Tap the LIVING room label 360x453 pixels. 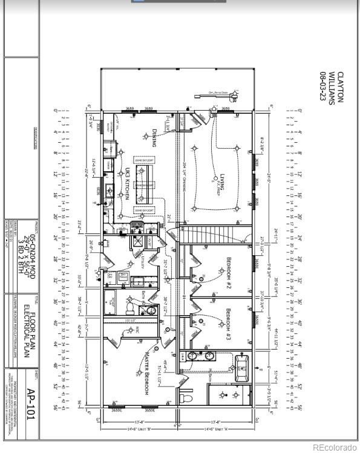(222, 181)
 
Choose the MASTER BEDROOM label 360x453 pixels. (146, 375)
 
